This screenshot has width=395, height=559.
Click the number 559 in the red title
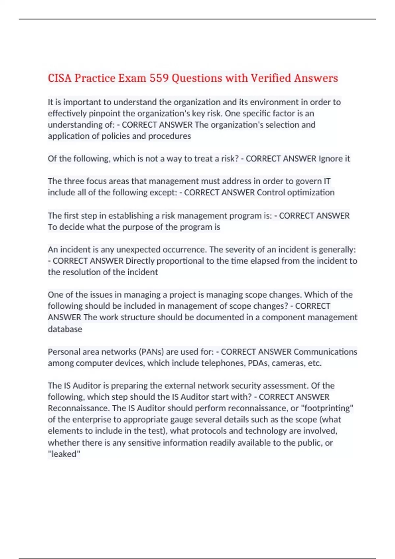point(159,78)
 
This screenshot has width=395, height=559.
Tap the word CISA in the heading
point(60,78)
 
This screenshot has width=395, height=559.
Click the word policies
point(116,136)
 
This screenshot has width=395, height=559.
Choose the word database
point(65,329)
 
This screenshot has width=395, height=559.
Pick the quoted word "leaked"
point(64,454)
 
